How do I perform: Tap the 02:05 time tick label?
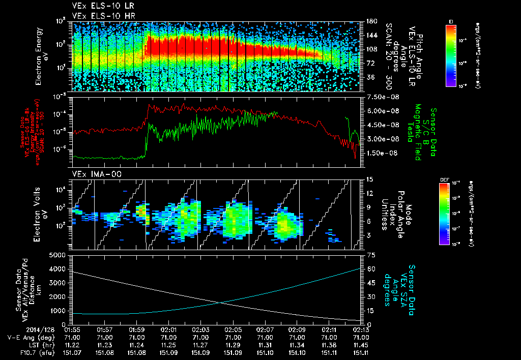coord(233,329)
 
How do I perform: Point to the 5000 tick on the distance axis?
coord(59,255)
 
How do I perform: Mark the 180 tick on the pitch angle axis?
coord(370,21)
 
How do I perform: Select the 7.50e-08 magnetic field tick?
coord(378,97)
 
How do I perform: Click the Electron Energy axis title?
coord(42,56)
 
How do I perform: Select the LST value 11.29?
coord(233,344)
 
